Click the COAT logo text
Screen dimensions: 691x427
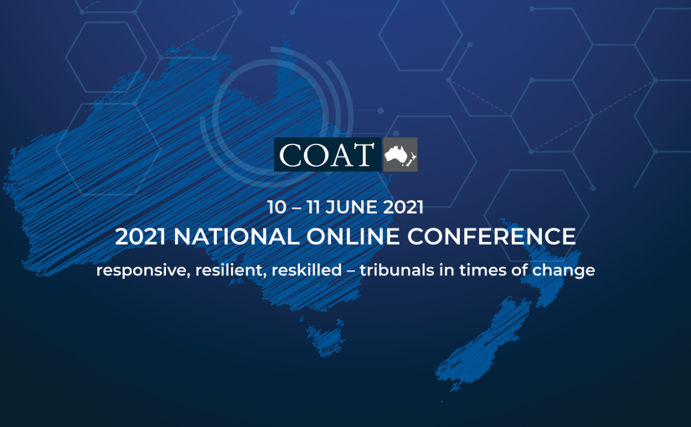[x=327, y=155]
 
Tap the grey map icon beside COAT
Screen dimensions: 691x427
[x=400, y=154]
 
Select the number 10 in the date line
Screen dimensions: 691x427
[x=276, y=207]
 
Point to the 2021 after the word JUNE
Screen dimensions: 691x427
[x=403, y=207]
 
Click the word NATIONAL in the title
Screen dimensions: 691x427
[x=237, y=237]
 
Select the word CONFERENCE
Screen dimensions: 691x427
[x=492, y=237]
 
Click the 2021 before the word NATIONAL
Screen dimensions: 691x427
[x=141, y=237]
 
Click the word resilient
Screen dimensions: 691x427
[x=231, y=270]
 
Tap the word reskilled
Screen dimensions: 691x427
[x=307, y=270]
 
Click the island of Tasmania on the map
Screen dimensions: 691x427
[x=326, y=338]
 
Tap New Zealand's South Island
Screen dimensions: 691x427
[x=482, y=345]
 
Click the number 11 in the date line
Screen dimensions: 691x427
[x=313, y=207]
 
